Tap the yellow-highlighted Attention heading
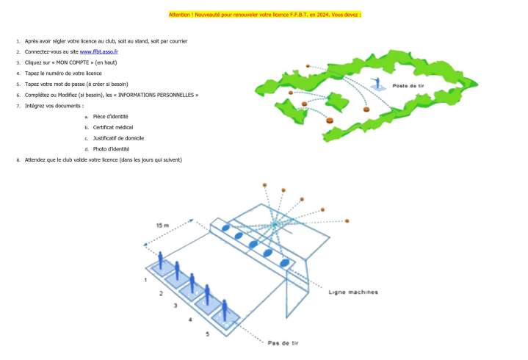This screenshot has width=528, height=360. [264, 14]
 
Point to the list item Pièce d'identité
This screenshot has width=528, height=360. [111, 117]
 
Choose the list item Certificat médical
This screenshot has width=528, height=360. [113, 127]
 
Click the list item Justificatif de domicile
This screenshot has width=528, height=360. [118, 138]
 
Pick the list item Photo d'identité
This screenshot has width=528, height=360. [112, 149]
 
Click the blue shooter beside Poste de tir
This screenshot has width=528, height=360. [378, 82]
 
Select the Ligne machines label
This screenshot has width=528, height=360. [353, 292]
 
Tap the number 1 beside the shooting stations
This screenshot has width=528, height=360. [145, 280]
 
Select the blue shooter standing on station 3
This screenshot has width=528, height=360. [192, 284]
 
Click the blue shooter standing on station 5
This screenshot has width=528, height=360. [225, 309]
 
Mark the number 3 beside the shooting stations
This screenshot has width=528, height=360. [175, 305]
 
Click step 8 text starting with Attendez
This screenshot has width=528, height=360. [103, 159]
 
